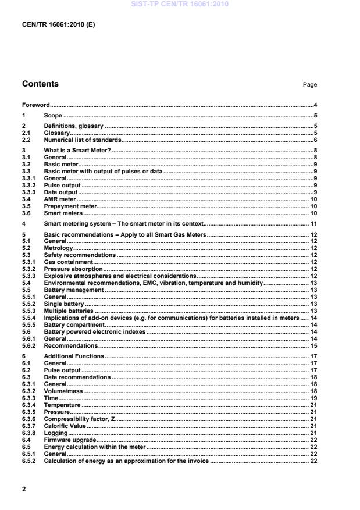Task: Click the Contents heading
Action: [40, 84]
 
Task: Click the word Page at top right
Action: [310, 85]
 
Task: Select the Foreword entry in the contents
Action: [35, 105]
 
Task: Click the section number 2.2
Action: [26, 140]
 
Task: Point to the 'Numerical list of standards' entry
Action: [83, 140]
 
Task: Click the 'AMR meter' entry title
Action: [60, 199]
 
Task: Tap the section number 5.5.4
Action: [28, 318]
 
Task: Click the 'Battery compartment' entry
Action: [74, 325]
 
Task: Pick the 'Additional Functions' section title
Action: [74, 356]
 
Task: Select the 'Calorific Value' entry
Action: [65, 426]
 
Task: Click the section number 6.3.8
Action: [28, 433]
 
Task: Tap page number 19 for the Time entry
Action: [313, 398]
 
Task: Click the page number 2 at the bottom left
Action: [24, 489]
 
